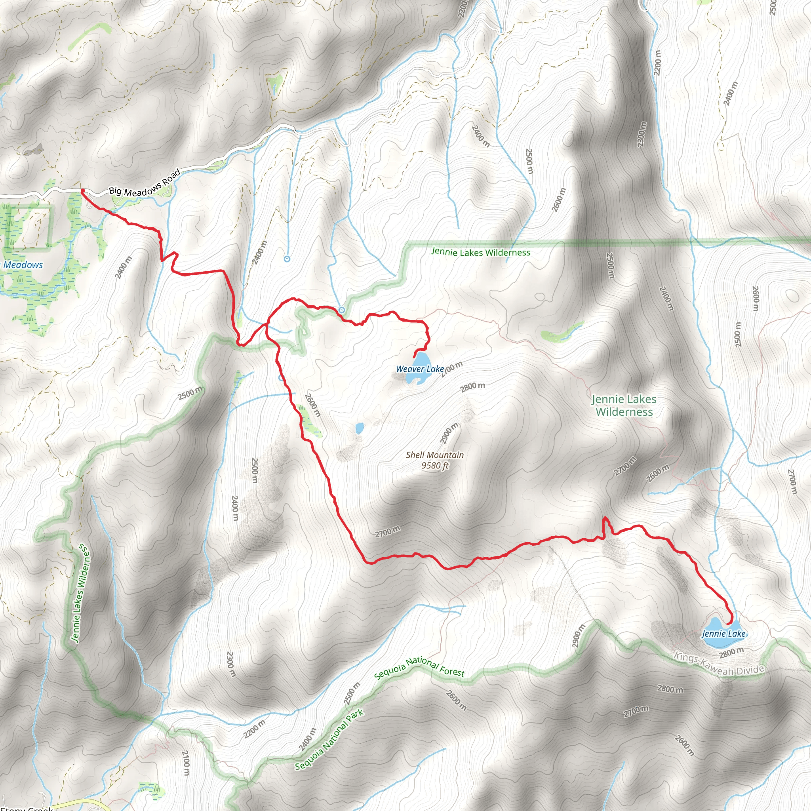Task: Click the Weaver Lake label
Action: point(420,369)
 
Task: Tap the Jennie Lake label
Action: point(724,634)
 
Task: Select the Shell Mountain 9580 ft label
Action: point(435,460)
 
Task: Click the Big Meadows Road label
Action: point(145,183)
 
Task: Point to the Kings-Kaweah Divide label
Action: point(719,664)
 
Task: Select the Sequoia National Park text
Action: point(329,741)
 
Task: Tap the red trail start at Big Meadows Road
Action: point(82,191)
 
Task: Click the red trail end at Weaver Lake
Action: point(414,357)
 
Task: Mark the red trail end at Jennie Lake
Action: point(727,624)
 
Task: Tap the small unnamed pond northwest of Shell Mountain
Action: point(359,428)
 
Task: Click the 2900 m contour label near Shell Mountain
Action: point(449,434)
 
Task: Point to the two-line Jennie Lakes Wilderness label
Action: point(624,405)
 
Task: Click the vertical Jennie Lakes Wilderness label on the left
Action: point(79,594)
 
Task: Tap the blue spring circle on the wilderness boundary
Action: point(342,310)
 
